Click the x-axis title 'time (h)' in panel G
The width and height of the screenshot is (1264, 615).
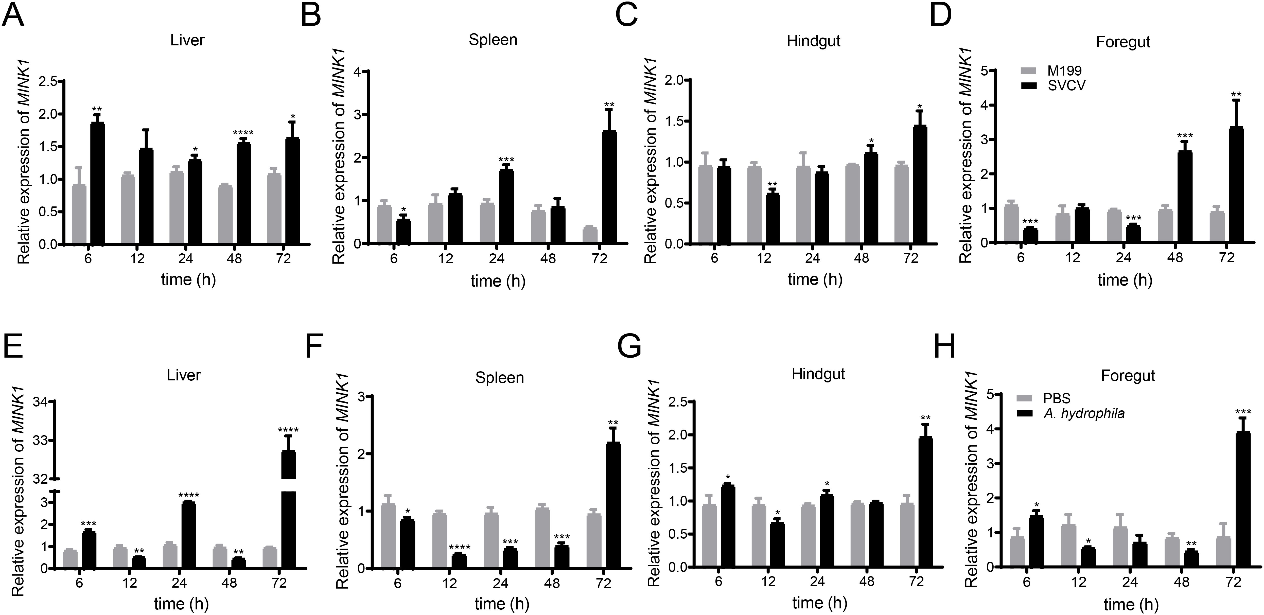819,602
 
